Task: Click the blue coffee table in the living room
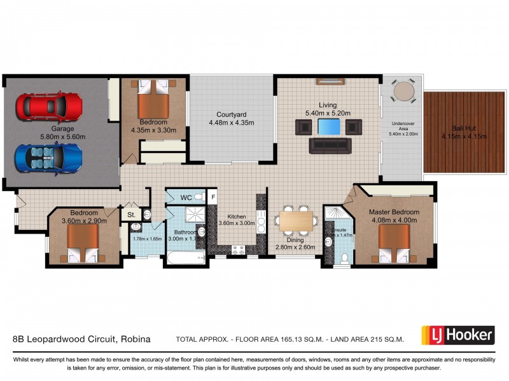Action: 329,127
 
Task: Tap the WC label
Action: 186,197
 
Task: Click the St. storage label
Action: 132,215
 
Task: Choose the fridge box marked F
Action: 213,197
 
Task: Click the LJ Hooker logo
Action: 457,335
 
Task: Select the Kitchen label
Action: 236,217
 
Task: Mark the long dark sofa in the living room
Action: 330,147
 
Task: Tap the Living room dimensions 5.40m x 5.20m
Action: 329,113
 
